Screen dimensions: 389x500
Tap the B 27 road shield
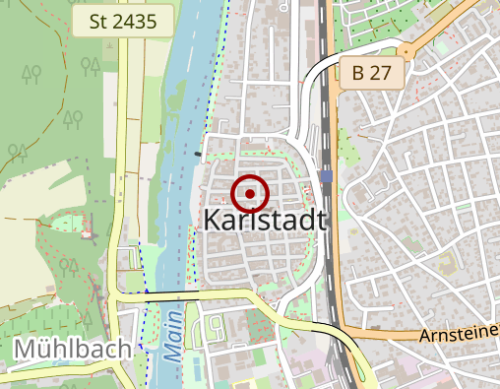click(x=371, y=72)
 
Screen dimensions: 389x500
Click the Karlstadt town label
click(x=265, y=221)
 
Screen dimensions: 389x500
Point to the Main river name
click(x=173, y=335)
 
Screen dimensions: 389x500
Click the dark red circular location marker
click(x=251, y=194)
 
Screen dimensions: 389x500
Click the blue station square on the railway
click(x=326, y=176)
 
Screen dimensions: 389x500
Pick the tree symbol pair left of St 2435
click(x=93, y=67)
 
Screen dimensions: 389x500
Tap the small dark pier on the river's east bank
click(x=199, y=154)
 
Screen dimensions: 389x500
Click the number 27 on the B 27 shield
click(x=382, y=72)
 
